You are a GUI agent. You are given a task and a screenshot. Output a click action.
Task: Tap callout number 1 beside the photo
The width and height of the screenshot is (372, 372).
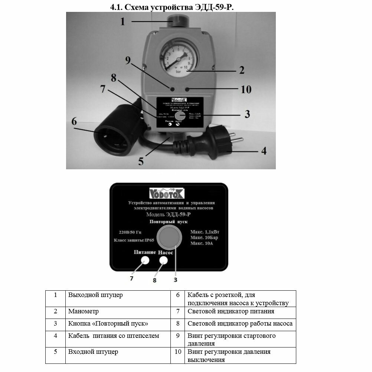click(123, 22)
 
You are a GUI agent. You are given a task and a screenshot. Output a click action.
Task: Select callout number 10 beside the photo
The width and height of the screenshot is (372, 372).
click(246, 89)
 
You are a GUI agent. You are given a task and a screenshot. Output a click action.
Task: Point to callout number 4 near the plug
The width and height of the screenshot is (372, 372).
click(263, 151)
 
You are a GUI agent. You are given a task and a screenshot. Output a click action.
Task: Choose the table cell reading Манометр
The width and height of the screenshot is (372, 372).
click(84, 311)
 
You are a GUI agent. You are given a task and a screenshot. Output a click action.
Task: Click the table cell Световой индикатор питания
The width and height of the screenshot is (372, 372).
click(231, 311)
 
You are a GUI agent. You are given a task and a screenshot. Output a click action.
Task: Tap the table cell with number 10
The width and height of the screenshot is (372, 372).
click(178, 351)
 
